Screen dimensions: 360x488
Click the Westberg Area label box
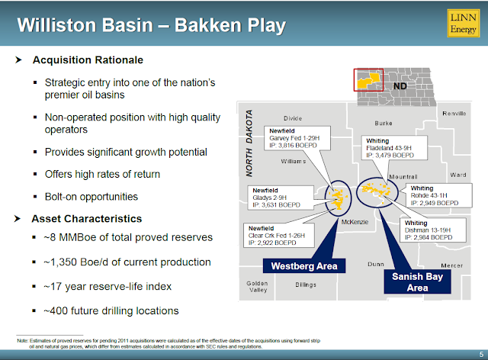point(300,266)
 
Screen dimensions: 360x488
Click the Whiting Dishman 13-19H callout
point(432,231)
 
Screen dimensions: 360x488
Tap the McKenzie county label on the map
point(355,222)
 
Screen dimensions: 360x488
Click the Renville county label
point(454,114)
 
